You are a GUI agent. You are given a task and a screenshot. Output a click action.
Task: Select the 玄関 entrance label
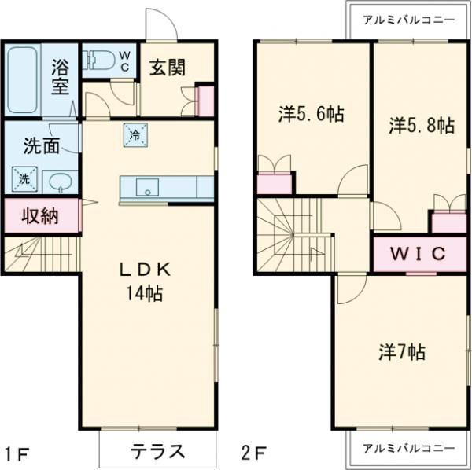click(x=168, y=68)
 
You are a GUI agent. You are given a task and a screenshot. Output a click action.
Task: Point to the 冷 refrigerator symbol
click(x=134, y=134)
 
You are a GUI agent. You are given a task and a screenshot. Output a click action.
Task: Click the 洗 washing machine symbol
click(x=24, y=178)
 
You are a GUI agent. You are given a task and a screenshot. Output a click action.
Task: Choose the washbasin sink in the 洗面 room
click(x=61, y=182)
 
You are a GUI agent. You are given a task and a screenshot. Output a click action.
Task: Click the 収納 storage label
click(x=39, y=215)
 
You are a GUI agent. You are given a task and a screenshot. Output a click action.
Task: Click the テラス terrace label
click(x=157, y=451)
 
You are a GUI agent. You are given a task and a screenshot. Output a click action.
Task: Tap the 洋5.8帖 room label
click(x=422, y=125)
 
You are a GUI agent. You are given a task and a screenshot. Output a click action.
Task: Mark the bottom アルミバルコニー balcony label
click(x=408, y=448)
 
